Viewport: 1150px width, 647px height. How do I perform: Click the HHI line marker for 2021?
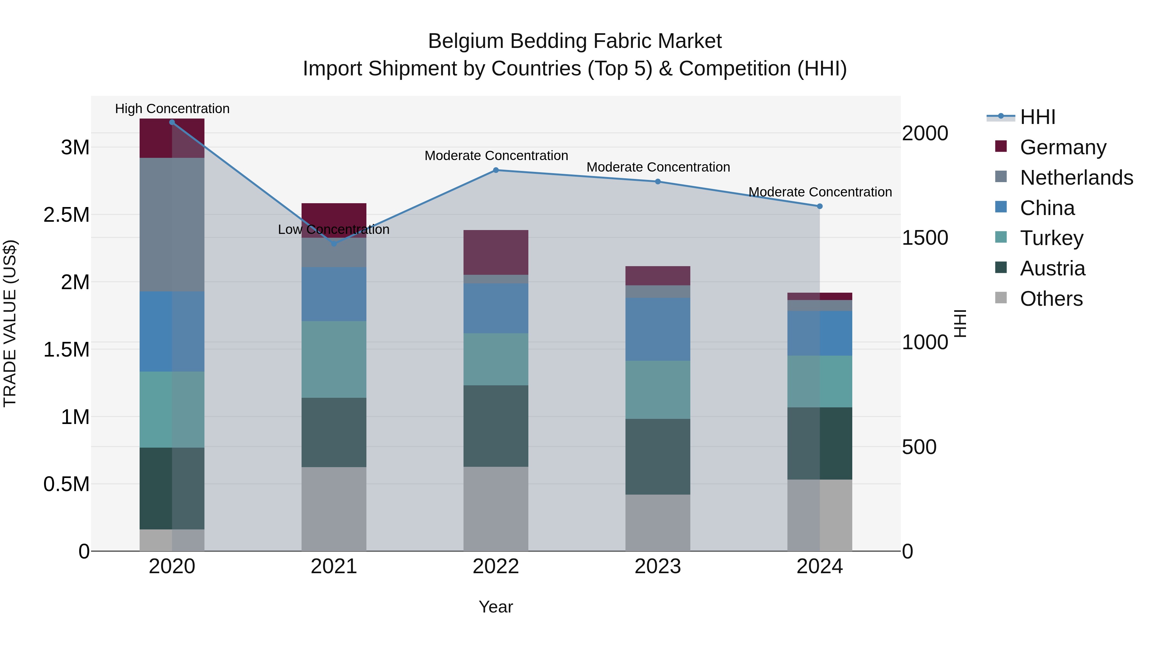click(x=334, y=244)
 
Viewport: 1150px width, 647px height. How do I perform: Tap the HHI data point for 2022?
click(x=495, y=170)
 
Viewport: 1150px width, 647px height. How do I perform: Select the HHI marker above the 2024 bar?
click(x=820, y=206)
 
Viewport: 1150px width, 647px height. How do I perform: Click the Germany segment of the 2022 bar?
click(x=495, y=252)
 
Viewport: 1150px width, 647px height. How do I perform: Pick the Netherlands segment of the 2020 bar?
click(x=172, y=225)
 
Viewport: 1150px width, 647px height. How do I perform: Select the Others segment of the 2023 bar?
click(x=658, y=522)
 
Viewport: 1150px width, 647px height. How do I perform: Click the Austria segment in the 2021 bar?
click(x=334, y=432)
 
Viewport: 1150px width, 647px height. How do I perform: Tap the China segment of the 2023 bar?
click(x=658, y=329)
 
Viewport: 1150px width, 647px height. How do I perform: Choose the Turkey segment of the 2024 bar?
click(x=820, y=381)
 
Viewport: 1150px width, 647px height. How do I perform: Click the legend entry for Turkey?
click(x=1051, y=238)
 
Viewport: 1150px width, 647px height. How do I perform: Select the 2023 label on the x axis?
click(x=658, y=566)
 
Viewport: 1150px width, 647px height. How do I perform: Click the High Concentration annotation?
click(x=172, y=109)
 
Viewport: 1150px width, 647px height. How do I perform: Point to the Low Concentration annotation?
click(x=333, y=229)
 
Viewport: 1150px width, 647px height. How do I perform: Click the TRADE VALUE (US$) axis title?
click(x=10, y=323)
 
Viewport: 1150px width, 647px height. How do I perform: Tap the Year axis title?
click(x=495, y=607)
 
